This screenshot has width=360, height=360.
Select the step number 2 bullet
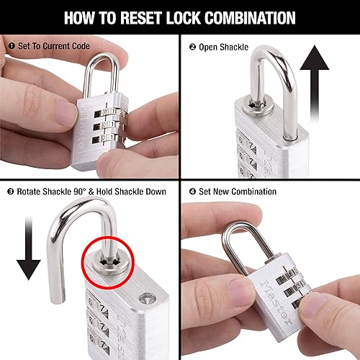(x=192, y=48)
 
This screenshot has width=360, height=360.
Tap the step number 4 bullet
(x=192, y=192)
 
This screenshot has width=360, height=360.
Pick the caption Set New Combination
(x=237, y=192)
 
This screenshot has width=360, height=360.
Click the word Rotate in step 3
(x=31, y=192)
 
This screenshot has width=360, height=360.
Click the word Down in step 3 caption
(x=155, y=192)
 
